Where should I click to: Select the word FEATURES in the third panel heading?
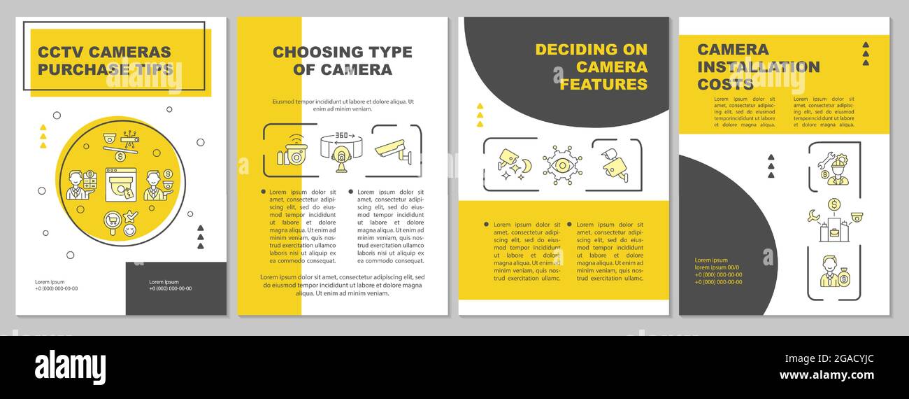coord(603,85)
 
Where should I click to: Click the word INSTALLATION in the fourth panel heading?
coord(758,67)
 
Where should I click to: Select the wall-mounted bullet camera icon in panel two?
coord(395,150)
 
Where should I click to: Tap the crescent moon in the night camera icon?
coord(526,166)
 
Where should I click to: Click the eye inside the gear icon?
coord(562,166)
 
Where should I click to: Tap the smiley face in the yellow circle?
coord(129,230)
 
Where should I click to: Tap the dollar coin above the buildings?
coord(833,204)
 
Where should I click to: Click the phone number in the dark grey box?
coord(170,288)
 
